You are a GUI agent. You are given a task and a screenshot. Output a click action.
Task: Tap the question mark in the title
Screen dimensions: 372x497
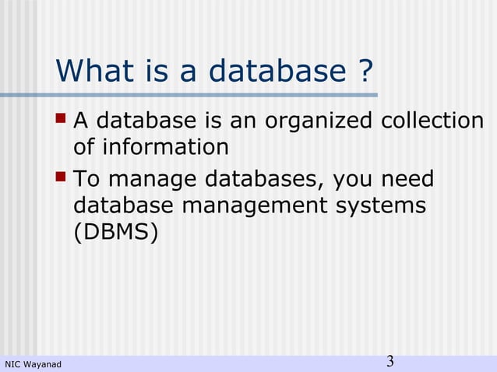click(x=364, y=72)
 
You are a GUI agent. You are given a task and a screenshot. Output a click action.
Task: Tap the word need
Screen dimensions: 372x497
click(x=409, y=181)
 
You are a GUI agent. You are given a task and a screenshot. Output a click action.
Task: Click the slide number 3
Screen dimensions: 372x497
click(x=390, y=361)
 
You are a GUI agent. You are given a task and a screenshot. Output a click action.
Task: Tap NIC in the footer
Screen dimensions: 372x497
click(x=13, y=364)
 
